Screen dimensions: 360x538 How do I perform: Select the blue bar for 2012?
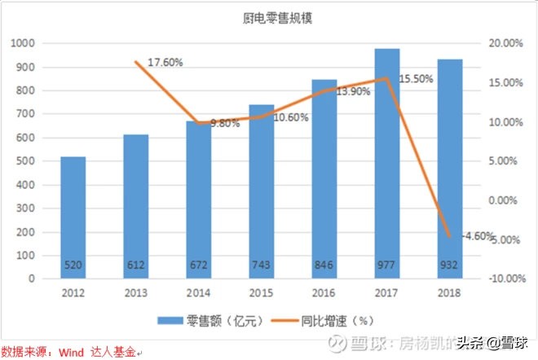[x=73, y=217]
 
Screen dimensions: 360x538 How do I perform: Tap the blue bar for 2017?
[x=387, y=163]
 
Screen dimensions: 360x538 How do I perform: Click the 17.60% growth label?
[x=165, y=63]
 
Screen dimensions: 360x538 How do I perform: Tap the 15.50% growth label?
[x=416, y=78]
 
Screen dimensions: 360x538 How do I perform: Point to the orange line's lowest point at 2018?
[x=450, y=236]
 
